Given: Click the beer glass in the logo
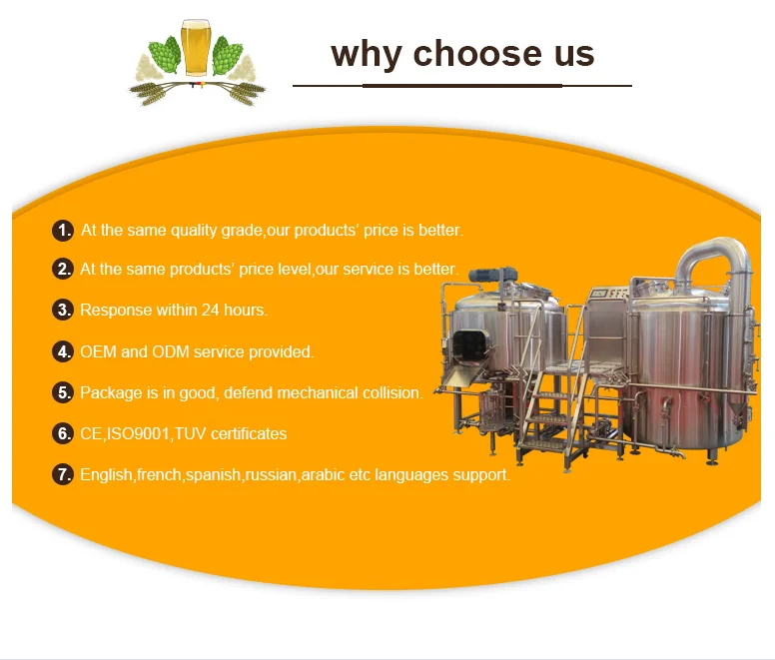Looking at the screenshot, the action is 195,47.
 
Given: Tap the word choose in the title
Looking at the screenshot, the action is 477,53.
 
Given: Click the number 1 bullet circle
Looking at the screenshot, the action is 63,231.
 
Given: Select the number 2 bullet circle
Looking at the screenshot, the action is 63,269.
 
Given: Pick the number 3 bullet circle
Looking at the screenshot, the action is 63,310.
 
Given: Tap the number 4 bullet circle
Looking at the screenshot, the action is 63,351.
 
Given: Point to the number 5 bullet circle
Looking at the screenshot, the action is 63,392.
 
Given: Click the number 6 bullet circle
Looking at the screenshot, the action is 63,433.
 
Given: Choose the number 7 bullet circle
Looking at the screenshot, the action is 63,474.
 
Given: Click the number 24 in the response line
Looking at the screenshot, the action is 210,310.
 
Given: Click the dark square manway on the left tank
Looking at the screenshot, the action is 471,345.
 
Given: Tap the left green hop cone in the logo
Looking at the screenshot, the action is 165,55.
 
